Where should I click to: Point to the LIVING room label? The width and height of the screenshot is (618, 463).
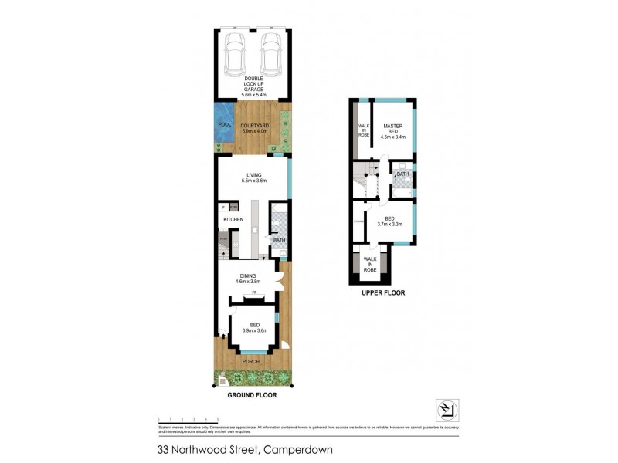pos(254,175)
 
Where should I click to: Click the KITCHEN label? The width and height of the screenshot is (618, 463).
pos(233,220)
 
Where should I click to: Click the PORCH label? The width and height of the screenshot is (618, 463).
pos(251,361)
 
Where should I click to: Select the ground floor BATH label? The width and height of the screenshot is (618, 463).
pos(279,240)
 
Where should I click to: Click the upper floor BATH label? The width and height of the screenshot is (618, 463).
pos(402,175)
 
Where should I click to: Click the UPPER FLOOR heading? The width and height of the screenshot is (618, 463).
pos(383,293)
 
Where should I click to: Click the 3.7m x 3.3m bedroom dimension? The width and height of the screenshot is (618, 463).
pos(391,224)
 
